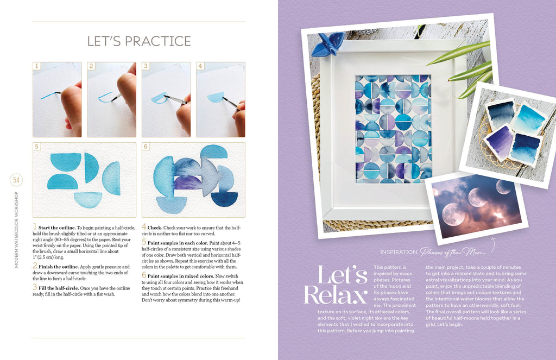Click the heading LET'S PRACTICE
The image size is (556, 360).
(139, 41)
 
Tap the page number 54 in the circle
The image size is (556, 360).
(16, 180)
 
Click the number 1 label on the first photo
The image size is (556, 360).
(36, 66)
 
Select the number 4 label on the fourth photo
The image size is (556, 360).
(200, 66)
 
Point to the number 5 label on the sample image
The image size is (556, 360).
(36, 147)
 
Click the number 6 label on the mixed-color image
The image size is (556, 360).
(146, 147)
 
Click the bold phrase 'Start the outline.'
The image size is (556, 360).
(56, 228)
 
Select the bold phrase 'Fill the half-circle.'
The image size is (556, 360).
(59, 288)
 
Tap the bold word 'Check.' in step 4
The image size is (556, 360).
(155, 228)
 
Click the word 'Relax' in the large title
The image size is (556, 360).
(335, 294)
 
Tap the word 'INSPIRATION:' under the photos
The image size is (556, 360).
(399, 252)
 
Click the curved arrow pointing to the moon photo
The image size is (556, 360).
(492, 245)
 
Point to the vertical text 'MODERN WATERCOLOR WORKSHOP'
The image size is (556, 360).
(16, 230)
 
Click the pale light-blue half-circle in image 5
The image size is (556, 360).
(89, 200)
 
